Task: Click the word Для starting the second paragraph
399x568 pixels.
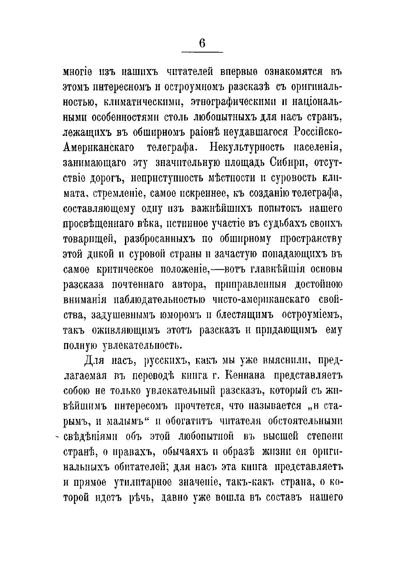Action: (x=93, y=361)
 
